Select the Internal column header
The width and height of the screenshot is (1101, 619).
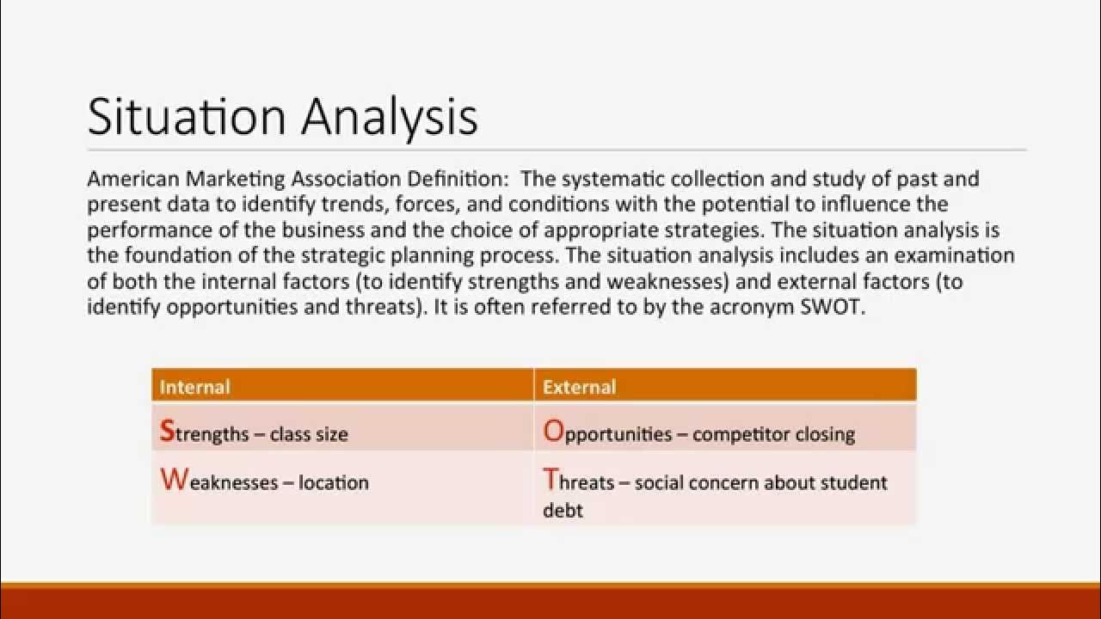point(194,387)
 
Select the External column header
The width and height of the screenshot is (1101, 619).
point(579,387)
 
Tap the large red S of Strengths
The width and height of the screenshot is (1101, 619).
point(167,432)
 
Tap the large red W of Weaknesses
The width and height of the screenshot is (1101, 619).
point(173,480)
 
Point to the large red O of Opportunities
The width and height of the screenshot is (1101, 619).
point(552,432)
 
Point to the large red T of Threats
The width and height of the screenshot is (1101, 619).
point(550,480)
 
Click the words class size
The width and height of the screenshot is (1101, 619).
point(309,434)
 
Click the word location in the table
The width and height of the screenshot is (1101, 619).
point(334,482)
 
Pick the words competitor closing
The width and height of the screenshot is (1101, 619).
point(773,434)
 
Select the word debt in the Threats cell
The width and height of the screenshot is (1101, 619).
point(563,510)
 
